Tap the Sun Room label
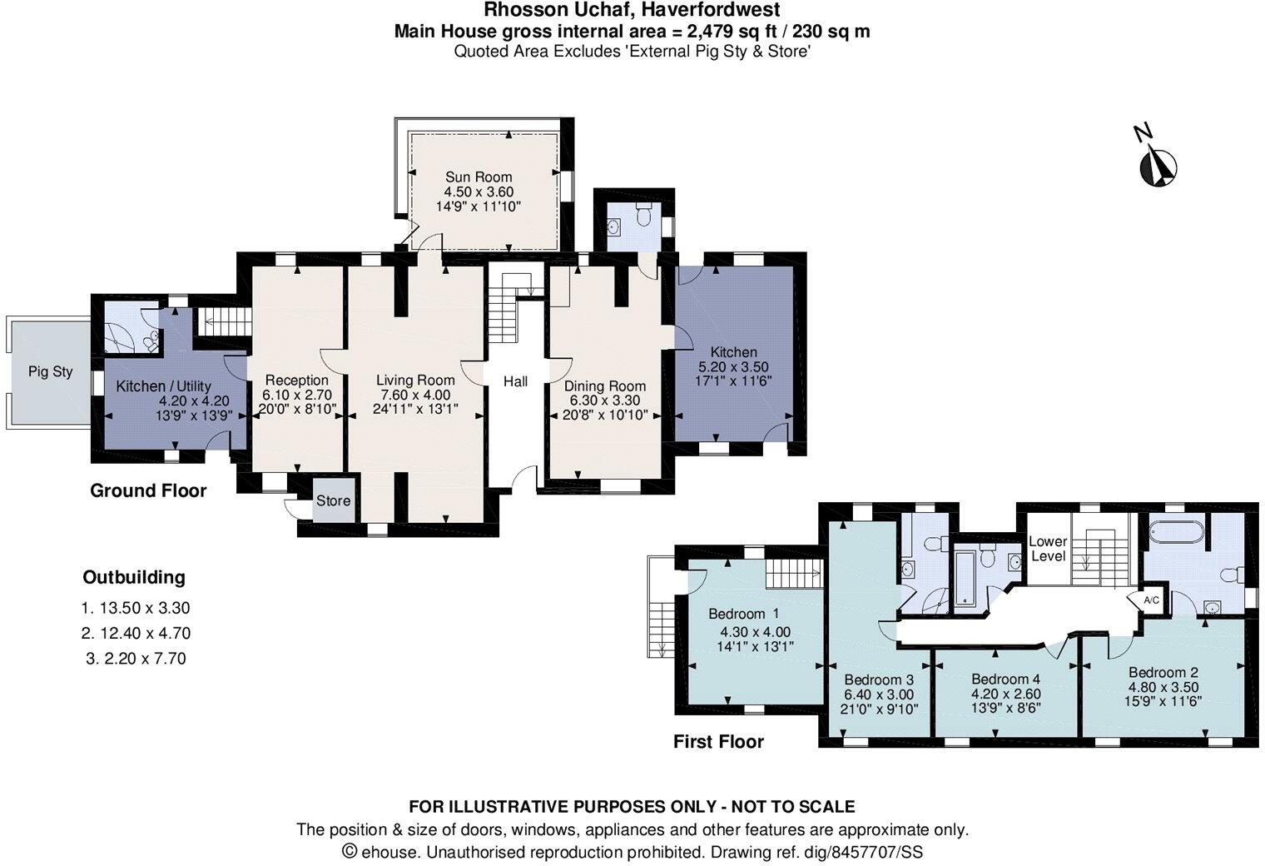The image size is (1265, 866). tap(478, 177)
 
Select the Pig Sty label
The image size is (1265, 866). tap(51, 371)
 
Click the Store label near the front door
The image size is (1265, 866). tap(333, 500)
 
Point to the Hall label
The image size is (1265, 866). tap(515, 381)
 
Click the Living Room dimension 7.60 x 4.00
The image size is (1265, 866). tap(414, 395)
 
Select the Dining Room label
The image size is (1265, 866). tap(605, 386)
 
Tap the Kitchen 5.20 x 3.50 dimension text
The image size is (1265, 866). tap(733, 366)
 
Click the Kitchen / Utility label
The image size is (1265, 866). tap(163, 386)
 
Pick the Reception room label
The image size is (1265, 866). tap(296, 380)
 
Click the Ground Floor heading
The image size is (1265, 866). tap(148, 490)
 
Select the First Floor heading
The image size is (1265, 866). tap(718, 741)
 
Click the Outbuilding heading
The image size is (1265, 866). tap(134, 577)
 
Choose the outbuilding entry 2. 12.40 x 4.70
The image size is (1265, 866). tap(136, 633)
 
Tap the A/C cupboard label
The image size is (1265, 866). tap(1151, 600)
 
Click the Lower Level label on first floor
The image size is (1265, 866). tap(1048, 548)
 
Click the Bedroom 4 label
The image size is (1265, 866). tap(1005, 678)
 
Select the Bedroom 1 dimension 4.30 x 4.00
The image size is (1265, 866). tap(755, 631)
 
